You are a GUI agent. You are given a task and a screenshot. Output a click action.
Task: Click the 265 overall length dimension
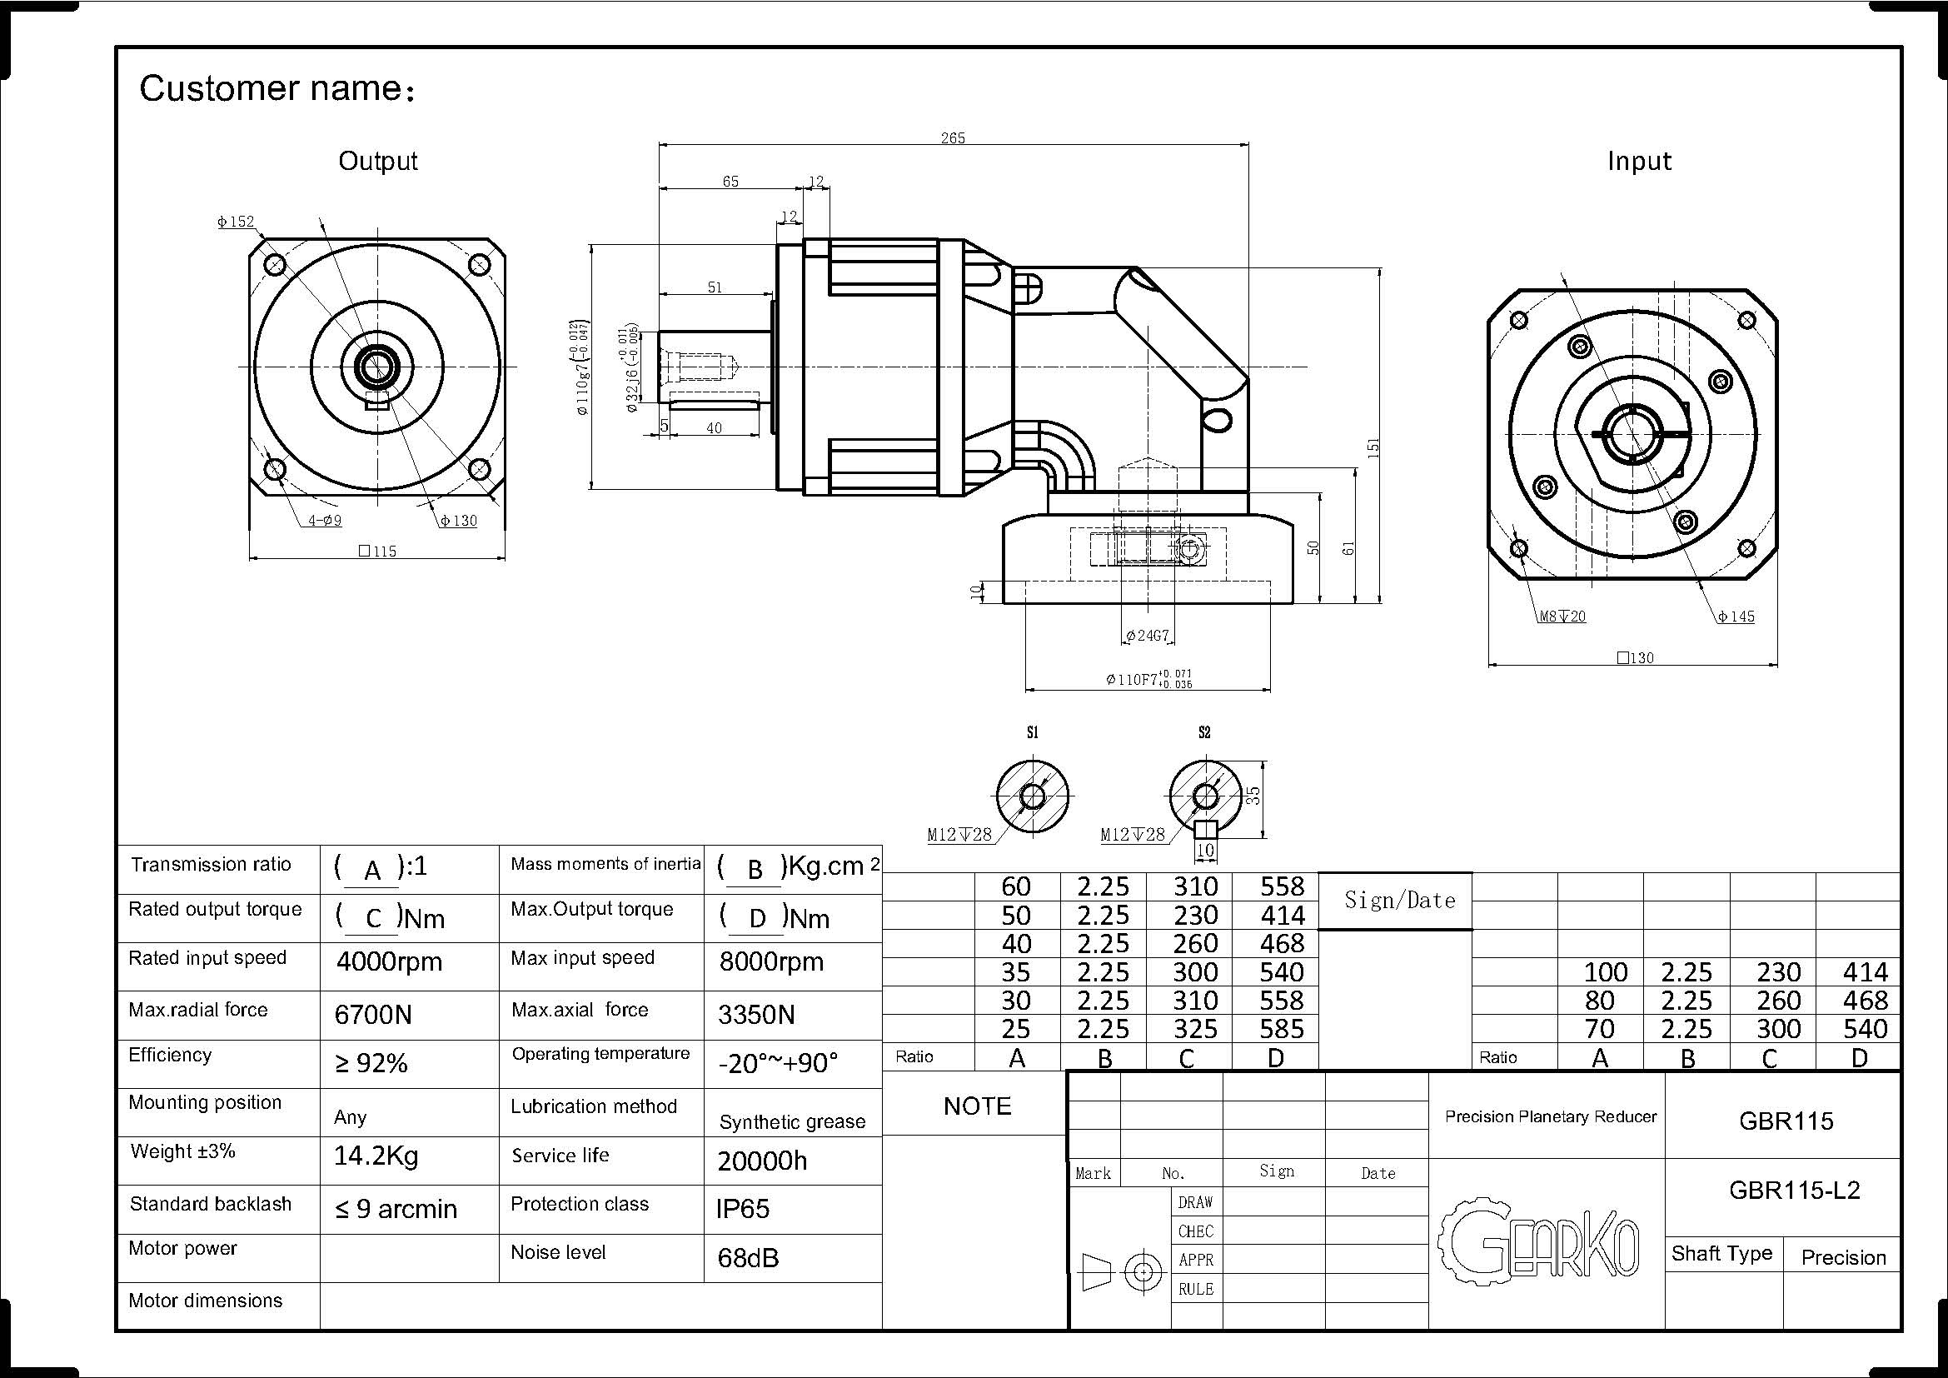[x=953, y=137]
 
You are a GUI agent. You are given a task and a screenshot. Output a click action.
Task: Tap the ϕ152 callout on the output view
[x=236, y=222]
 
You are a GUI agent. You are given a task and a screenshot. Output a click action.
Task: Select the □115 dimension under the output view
[x=377, y=552]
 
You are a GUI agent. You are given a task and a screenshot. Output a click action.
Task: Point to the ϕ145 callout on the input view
[x=1736, y=617]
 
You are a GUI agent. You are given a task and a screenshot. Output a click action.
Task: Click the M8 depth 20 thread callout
[x=1562, y=617]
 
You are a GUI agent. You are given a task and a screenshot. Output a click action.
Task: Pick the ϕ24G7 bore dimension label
[x=1148, y=636]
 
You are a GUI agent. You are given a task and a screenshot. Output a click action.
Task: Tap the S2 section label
[x=1204, y=732]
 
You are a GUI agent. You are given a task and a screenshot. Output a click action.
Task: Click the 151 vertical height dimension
[x=1373, y=447]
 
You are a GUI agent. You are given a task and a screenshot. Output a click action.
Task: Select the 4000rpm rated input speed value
[x=390, y=961]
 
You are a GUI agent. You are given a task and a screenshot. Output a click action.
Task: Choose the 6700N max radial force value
[x=373, y=1014]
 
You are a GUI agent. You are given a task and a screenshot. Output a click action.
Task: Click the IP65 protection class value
[x=742, y=1208]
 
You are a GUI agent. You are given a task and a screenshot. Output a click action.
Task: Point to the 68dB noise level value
[x=747, y=1257]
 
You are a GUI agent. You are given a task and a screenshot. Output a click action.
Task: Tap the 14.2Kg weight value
[x=376, y=1156]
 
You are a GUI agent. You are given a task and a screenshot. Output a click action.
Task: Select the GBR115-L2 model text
[x=1795, y=1190]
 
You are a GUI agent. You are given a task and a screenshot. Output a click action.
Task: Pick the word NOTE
[x=978, y=1106]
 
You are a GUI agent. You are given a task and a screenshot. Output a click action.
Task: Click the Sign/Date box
[x=1400, y=900]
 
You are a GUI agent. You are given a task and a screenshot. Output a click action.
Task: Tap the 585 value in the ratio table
[x=1281, y=1029]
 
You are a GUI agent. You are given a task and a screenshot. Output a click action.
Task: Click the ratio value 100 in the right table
[x=1605, y=971]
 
